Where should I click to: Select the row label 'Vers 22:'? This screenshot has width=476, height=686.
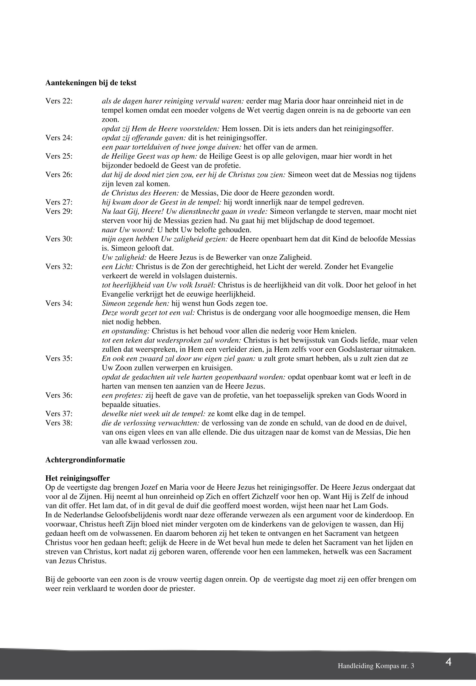[59, 101]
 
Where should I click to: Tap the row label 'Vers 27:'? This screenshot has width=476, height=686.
[59, 202]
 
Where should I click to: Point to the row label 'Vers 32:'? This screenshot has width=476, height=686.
[59, 266]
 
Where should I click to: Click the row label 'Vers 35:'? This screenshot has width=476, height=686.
[59, 358]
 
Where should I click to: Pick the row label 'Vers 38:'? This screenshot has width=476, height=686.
[59, 423]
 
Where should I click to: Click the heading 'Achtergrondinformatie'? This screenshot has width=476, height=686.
[85, 460]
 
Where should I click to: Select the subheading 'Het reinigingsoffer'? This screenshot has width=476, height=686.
[78, 478]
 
